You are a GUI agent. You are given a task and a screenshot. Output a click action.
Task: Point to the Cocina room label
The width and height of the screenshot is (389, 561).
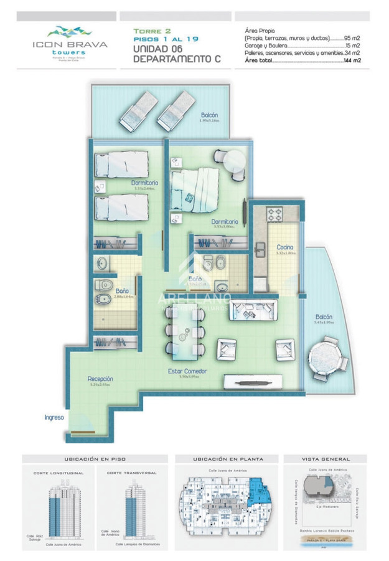coord(285,247)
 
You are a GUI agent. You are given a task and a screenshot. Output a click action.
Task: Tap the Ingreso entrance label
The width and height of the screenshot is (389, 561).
coord(54,417)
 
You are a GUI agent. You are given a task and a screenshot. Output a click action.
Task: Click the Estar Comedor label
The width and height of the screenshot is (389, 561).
coord(187,372)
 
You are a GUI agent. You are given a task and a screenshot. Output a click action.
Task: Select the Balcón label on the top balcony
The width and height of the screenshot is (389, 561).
coord(210,115)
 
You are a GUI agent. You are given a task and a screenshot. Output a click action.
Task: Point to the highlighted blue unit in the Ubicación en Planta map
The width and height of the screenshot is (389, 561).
coord(255,489)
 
